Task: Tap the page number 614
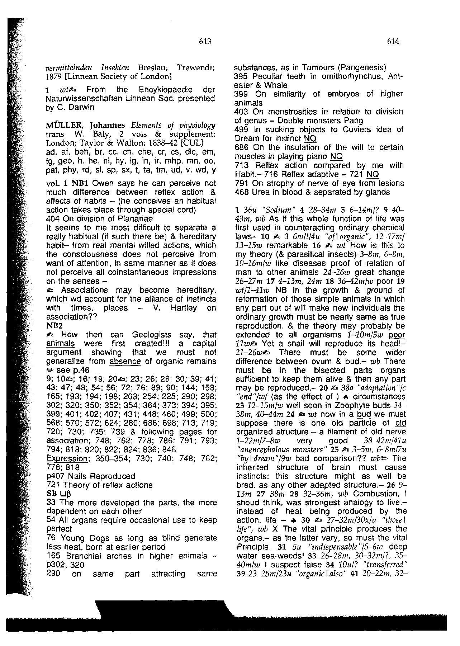[393, 42]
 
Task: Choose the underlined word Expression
[67, 458]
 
